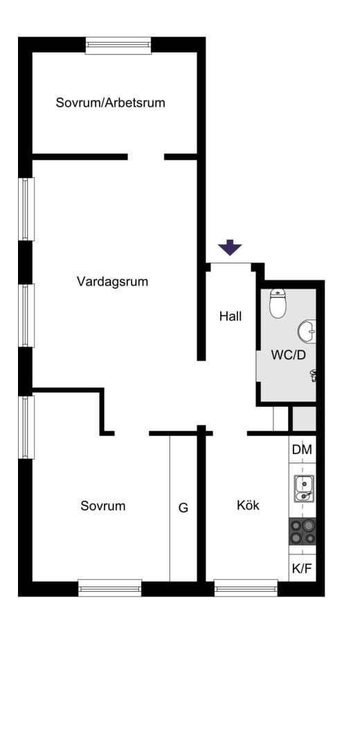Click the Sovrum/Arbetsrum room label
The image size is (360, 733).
point(110,103)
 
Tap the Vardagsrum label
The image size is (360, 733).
point(112,282)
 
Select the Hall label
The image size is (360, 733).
point(231,316)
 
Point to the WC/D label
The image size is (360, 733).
point(288,355)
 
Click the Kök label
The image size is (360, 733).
point(248,505)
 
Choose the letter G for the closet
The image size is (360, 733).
point(183,507)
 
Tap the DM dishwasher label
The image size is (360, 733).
point(302,450)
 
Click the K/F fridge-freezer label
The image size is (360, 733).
point(302,570)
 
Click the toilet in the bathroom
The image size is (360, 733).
point(278,304)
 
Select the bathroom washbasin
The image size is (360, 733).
point(307,332)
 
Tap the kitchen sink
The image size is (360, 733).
point(304,489)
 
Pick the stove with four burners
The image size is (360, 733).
point(302,532)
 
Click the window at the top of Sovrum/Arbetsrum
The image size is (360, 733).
point(118,46)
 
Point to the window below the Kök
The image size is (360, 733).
point(246,588)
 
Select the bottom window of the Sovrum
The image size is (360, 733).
point(110,588)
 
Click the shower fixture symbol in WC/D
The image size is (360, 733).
point(313,375)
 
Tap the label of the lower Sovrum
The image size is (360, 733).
point(103,506)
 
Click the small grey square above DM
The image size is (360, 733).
point(305,419)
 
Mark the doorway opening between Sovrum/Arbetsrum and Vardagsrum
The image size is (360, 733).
point(146,156)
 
